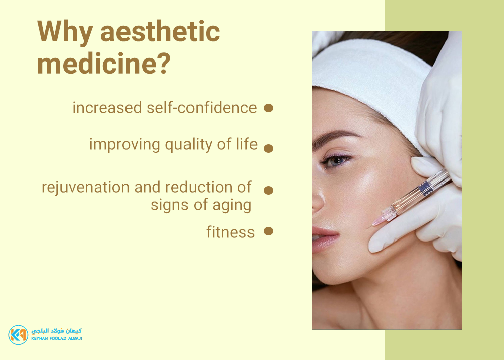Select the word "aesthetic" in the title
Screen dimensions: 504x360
160,31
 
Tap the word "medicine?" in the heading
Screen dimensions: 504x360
104,63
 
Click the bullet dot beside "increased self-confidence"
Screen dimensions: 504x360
269,108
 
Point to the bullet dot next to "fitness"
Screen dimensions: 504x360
269,231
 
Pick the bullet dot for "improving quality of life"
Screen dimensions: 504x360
269,148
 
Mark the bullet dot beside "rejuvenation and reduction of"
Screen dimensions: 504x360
269,190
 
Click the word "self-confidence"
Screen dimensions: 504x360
202,108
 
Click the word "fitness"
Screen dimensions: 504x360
230,232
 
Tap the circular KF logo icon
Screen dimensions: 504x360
18,335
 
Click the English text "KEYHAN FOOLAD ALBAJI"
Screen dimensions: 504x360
56,338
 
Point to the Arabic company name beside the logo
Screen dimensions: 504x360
56,331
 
